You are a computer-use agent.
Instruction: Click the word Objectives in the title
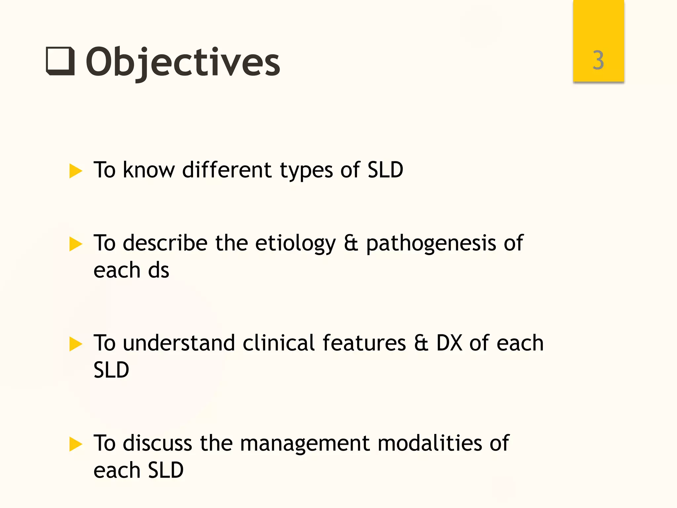point(183,62)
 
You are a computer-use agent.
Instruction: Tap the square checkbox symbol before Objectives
point(60,62)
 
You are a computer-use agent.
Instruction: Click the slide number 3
point(598,61)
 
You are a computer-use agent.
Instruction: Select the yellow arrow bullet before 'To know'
point(76,171)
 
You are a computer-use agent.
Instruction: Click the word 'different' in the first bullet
point(227,170)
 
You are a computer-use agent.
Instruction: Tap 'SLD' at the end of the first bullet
point(385,170)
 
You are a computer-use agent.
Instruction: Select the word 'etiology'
point(295,244)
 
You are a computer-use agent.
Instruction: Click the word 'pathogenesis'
point(431,244)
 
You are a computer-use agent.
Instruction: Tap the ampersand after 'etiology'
point(351,243)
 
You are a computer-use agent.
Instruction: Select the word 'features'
point(364,343)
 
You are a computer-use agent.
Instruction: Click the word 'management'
point(304,444)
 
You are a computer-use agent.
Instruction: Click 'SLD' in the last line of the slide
point(166,470)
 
